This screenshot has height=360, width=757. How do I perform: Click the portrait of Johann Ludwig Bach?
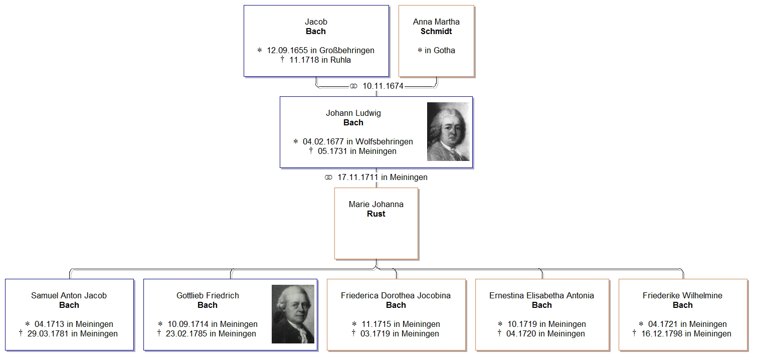[x=448, y=132]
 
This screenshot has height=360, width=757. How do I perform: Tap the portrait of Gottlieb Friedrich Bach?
[x=293, y=314]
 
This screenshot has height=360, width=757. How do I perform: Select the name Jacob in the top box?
[x=316, y=22]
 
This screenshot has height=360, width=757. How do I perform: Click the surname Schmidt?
[x=436, y=31]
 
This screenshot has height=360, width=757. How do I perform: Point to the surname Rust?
[x=376, y=214]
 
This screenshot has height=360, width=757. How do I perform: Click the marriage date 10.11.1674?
[x=383, y=86]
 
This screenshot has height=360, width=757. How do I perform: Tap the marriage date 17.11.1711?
[x=358, y=177]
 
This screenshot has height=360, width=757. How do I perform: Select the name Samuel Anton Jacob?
[x=69, y=295]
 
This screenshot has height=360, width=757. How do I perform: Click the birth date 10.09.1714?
[x=188, y=324]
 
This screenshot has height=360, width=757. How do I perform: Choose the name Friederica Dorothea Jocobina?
[x=396, y=295]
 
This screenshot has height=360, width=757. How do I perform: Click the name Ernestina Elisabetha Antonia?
[x=541, y=295]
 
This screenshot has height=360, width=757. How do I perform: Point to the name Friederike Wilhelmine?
[x=682, y=295]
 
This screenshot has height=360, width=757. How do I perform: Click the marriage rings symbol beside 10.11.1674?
[x=353, y=86]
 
